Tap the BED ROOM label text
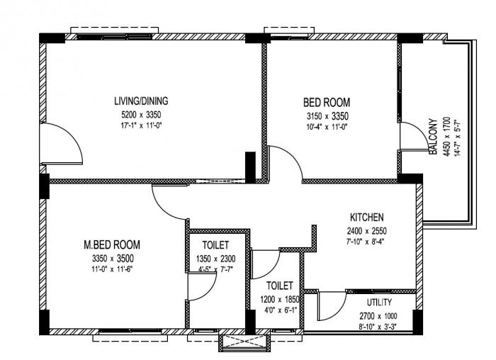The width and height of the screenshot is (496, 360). pos(327,102)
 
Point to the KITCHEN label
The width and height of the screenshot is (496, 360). pos(367,217)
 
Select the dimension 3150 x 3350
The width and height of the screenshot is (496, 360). pos(327,116)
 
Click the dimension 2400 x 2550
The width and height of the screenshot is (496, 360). pos(367,231)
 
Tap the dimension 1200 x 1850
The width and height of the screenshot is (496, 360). pos(280,300)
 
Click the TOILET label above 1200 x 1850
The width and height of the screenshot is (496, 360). pos(280,286)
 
